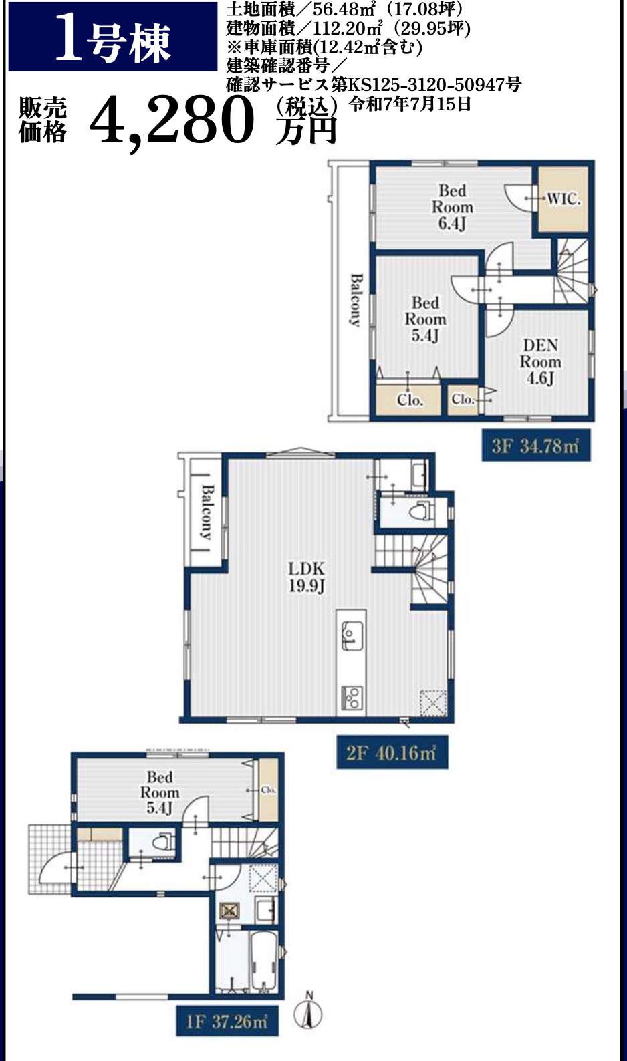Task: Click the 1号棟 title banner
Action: click(x=113, y=37)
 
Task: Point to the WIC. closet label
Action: click(x=563, y=199)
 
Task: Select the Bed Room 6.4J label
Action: click(x=452, y=207)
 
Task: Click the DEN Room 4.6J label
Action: click(x=541, y=361)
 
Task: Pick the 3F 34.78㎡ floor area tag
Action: click(x=536, y=445)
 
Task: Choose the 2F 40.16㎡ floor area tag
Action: click(x=392, y=752)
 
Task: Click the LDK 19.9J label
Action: click(x=307, y=577)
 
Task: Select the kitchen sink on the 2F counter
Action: click(x=352, y=635)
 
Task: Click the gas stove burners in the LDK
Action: click(x=351, y=698)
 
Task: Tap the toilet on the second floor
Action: click(x=421, y=510)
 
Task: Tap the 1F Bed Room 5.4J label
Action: click(x=160, y=792)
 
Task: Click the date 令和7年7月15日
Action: click(x=410, y=104)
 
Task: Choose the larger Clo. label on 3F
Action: click(x=410, y=400)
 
